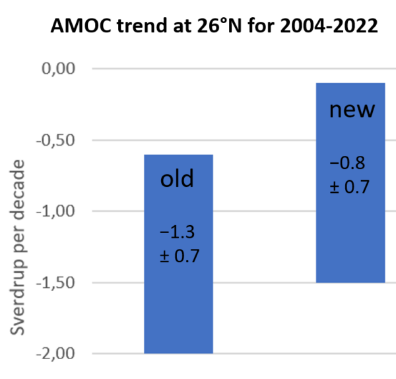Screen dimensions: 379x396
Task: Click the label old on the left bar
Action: pos(178,180)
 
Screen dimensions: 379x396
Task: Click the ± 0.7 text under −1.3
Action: pos(179,255)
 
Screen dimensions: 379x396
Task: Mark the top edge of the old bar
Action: pos(178,155)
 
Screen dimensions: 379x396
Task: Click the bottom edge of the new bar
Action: pos(350,282)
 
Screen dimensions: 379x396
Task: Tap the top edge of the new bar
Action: pos(350,83)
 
